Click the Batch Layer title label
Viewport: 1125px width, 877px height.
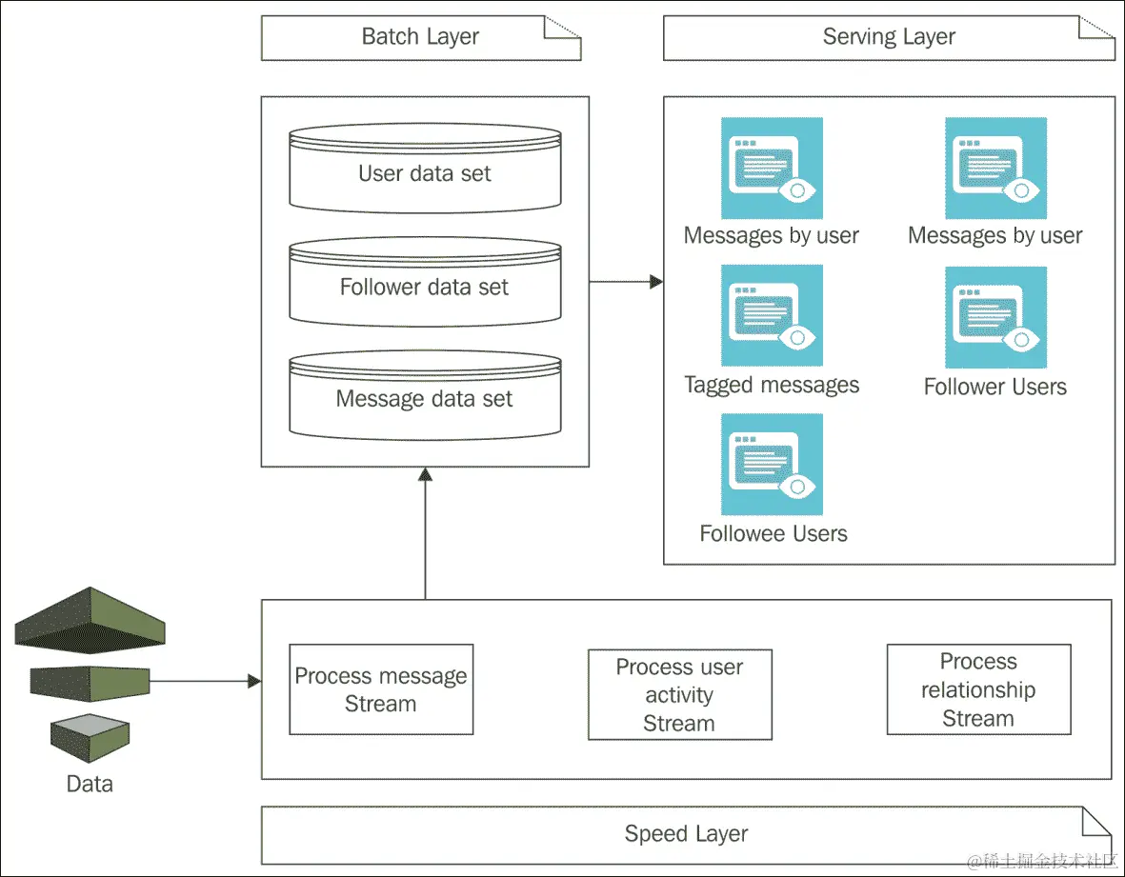pyautogui.click(x=420, y=38)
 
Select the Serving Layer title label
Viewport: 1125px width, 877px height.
pyautogui.click(x=888, y=38)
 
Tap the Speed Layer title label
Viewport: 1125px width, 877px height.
pyautogui.click(x=686, y=834)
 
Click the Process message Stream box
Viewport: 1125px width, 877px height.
pyautogui.click(x=381, y=689)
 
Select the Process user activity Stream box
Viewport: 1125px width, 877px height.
pyautogui.click(x=679, y=695)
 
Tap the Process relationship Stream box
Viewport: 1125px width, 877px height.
pyautogui.click(x=978, y=689)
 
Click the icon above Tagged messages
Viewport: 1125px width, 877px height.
pyautogui.click(x=772, y=315)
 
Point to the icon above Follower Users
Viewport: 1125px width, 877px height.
pyautogui.click(x=995, y=317)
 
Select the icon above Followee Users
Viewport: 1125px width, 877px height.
pyautogui.click(x=772, y=464)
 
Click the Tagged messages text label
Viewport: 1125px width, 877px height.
pyautogui.click(x=772, y=385)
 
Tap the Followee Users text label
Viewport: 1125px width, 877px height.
pyautogui.click(x=773, y=533)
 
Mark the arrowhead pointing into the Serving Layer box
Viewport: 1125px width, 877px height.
pyautogui.click(x=655, y=282)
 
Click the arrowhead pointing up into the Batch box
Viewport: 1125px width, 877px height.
pyautogui.click(x=425, y=474)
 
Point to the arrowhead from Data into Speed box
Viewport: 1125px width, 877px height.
pyautogui.click(x=254, y=681)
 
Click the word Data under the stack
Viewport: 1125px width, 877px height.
pyautogui.click(x=90, y=785)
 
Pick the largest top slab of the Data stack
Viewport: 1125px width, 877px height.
pyautogui.click(x=90, y=619)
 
